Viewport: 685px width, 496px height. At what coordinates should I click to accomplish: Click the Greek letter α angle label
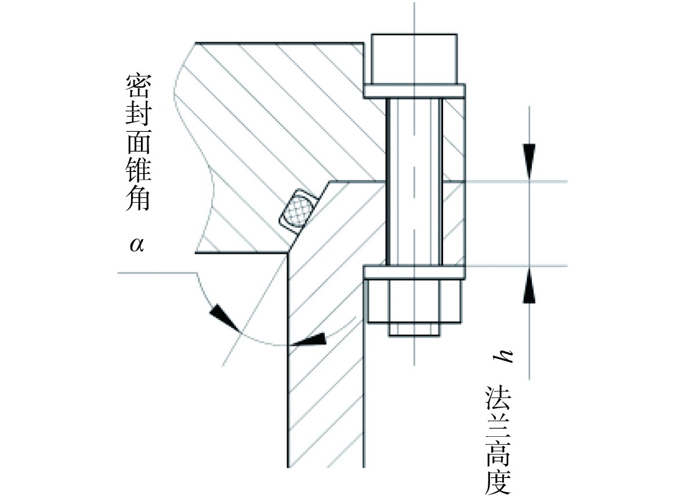tap(137, 244)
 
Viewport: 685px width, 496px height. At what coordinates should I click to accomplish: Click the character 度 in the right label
tap(497, 480)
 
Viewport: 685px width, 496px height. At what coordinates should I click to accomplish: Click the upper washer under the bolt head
tap(414, 91)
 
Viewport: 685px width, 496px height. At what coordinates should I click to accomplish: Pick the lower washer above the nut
tap(414, 272)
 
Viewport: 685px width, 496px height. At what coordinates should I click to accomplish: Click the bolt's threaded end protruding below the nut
tap(414, 330)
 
